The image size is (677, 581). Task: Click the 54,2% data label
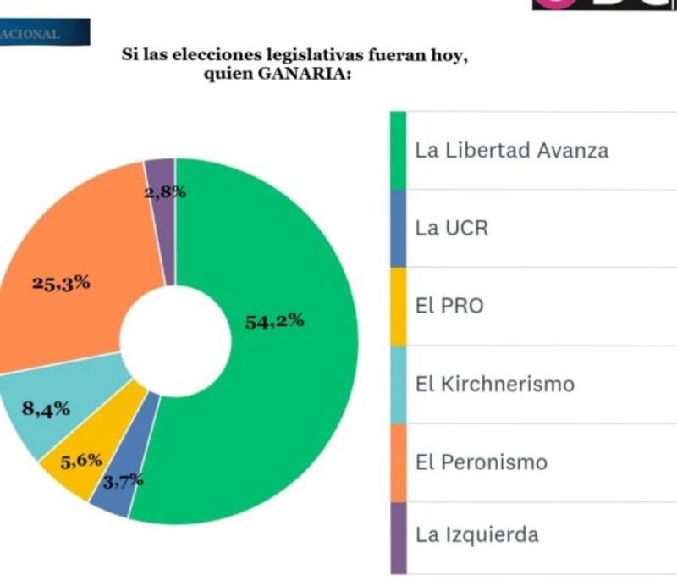(x=274, y=322)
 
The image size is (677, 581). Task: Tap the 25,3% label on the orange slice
(x=61, y=283)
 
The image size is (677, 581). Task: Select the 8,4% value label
(x=46, y=411)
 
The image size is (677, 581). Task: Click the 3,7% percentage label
(x=123, y=483)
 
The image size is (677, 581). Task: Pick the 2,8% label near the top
(x=165, y=192)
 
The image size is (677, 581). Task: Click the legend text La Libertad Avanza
(x=511, y=151)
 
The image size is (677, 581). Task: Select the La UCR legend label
(x=451, y=229)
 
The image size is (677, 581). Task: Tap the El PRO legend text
(x=449, y=306)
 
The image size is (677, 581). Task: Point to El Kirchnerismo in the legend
(x=494, y=384)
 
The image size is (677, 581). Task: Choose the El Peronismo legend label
(x=481, y=462)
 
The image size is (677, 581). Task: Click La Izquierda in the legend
(x=476, y=534)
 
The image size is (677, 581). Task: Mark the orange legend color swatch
(x=398, y=462)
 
